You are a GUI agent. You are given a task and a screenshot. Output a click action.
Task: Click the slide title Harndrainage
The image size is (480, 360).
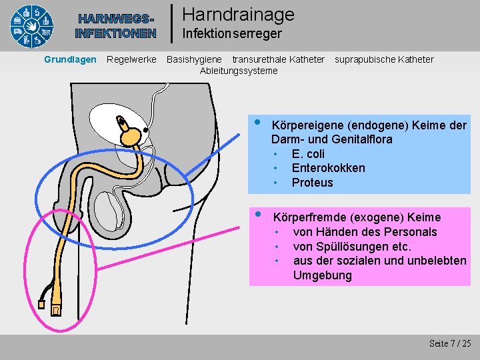coord(237,14)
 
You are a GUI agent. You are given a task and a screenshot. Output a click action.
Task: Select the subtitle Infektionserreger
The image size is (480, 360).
coord(231,33)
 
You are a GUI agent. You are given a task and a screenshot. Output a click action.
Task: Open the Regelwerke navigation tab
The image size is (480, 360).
coord(131,59)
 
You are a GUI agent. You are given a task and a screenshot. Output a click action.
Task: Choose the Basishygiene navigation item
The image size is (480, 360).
coord(194,59)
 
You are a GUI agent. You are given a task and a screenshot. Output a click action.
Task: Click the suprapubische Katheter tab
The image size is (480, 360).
coord(383,59)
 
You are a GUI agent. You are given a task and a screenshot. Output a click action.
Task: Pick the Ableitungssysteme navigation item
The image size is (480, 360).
coord(239,71)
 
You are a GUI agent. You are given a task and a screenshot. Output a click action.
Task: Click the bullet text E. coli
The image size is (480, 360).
coord(308,154)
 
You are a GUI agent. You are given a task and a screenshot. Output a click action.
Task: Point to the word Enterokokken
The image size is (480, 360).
coord(328,168)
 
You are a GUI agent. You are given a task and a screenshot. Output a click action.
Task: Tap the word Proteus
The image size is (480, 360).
coord(312,183)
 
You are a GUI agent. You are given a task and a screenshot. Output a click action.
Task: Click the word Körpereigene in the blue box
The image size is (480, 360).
coord(304,125)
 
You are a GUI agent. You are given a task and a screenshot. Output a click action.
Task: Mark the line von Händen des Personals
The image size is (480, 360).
coord(365,232)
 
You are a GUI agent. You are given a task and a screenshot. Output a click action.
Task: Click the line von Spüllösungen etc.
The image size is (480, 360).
coord(352,247)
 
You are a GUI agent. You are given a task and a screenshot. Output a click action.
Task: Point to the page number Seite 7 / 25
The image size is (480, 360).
coord(450,343)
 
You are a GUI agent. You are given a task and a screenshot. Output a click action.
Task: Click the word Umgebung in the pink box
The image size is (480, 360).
coord(322,275)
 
